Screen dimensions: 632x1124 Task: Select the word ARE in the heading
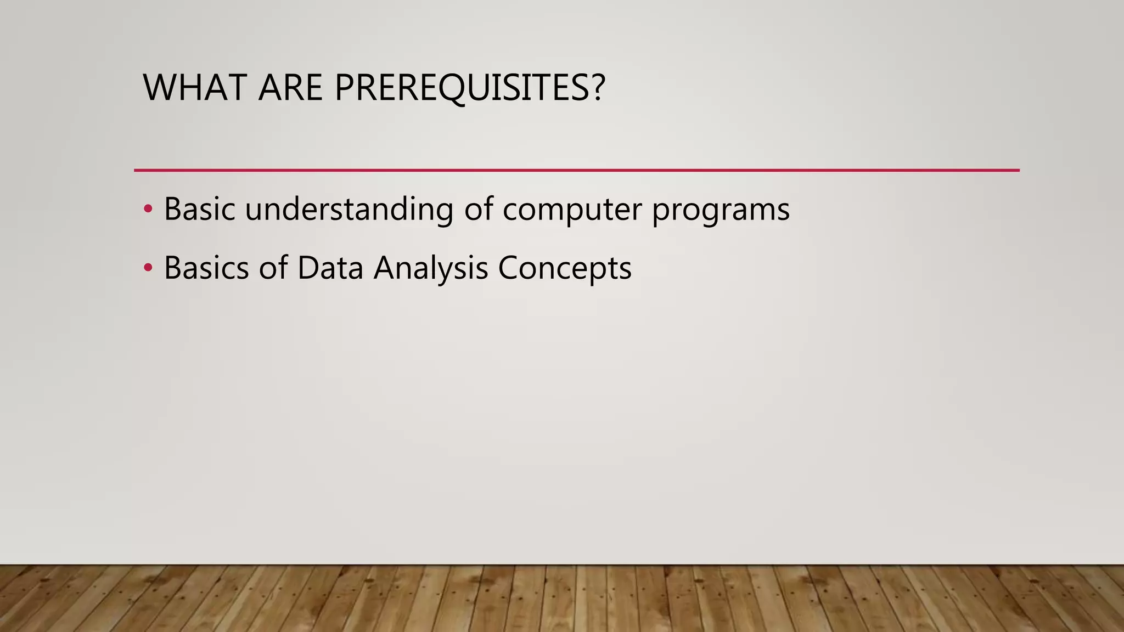point(290,88)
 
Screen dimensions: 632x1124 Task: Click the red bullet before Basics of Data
point(148,268)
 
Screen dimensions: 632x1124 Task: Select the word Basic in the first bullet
point(199,209)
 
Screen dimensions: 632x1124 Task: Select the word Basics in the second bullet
point(206,268)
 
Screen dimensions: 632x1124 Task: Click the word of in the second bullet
point(273,268)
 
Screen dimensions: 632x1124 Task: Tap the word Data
point(330,268)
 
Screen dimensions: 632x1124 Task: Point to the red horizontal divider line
point(576,170)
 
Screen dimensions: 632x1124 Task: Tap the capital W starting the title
point(158,88)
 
